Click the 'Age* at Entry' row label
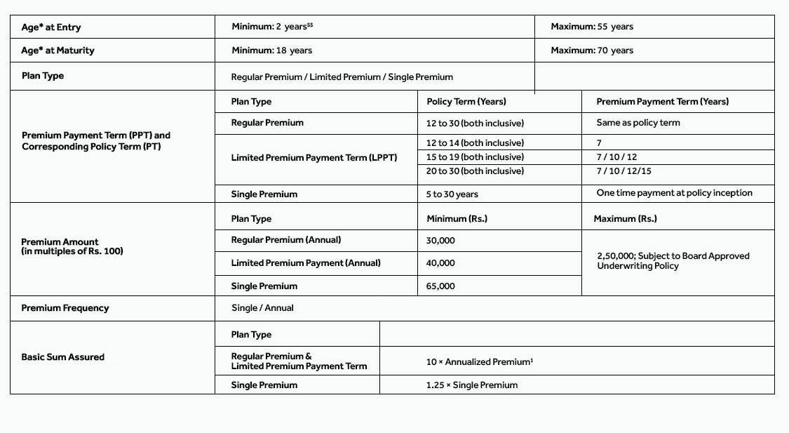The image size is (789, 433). (51, 27)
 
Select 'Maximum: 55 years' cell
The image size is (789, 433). (591, 27)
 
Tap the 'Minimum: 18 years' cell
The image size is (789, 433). (272, 51)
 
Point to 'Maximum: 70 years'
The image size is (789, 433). (591, 51)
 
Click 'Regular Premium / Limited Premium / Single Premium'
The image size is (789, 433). (342, 77)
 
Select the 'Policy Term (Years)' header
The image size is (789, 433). (466, 102)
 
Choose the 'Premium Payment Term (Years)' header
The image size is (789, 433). (662, 102)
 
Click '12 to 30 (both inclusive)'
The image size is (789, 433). (475, 123)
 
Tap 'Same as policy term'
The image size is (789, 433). (638, 123)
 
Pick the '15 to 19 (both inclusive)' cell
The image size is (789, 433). (475, 157)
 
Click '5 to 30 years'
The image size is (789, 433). (452, 194)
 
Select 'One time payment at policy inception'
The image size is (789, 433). (674, 193)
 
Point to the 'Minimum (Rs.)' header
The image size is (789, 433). (457, 219)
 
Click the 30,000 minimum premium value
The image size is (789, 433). (440, 241)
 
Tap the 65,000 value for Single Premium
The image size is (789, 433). (440, 286)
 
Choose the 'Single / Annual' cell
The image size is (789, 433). (262, 308)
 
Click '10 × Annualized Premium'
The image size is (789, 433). (479, 362)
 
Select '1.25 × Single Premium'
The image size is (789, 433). (471, 385)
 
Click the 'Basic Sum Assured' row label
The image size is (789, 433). (62, 357)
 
